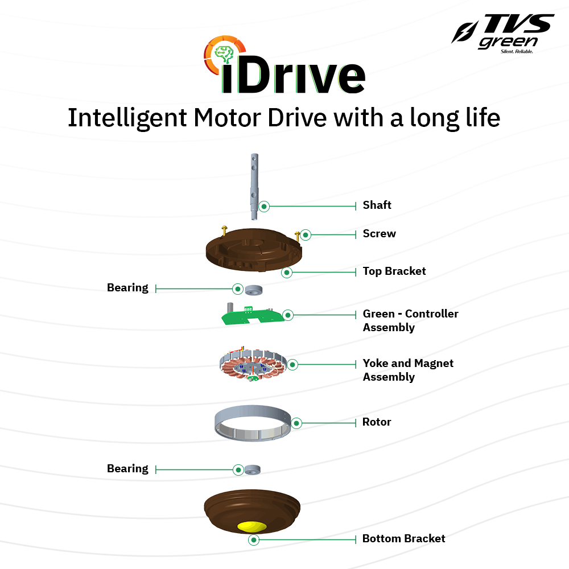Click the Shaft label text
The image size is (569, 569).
point(377,205)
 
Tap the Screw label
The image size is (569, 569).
point(379,234)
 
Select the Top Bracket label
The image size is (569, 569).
point(394,271)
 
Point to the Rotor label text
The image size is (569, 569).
point(377,422)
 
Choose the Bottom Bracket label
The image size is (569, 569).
point(403,538)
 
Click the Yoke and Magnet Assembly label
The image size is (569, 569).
point(407,370)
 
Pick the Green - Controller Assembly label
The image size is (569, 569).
point(410,320)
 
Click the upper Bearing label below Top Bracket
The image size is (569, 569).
point(127,288)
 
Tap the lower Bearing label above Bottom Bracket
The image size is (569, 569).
point(127,469)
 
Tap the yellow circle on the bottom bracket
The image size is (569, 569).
point(254,525)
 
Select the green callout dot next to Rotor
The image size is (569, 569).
point(296,423)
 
